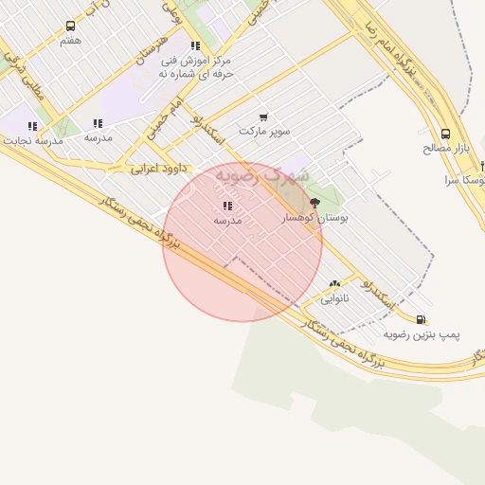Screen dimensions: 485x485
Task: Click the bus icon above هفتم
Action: click(71, 27)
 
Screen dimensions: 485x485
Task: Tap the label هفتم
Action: click(71, 41)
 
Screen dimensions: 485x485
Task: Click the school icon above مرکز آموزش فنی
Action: click(195, 45)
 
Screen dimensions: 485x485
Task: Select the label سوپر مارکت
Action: click(265, 130)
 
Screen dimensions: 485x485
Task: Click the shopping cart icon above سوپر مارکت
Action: click(263, 117)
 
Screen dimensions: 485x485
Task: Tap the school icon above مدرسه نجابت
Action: click(33, 126)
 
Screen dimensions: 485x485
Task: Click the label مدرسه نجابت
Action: click(33, 140)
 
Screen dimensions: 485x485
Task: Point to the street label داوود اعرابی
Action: click(157, 168)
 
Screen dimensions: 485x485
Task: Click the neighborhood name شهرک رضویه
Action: click(262, 175)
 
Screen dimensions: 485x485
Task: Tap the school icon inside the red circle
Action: click(227, 206)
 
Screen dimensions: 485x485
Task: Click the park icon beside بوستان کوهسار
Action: click(315, 203)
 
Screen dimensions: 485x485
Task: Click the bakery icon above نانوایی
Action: click(334, 283)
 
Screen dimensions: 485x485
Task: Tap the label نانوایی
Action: click(334, 297)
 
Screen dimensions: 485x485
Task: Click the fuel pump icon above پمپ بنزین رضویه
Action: click(421, 319)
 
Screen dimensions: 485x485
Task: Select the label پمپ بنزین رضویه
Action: click(422, 334)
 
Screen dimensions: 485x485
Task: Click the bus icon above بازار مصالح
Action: click(445, 134)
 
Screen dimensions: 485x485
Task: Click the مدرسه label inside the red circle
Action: click(227, 220)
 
